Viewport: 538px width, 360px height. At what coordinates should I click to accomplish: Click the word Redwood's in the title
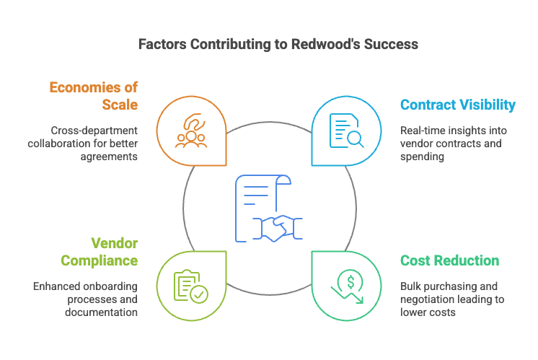point(317,44)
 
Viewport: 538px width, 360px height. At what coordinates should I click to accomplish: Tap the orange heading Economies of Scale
point(93,96)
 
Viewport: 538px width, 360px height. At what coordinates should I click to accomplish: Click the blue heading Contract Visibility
point(458,105)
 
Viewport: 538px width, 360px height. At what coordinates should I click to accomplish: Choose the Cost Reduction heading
point(449,260)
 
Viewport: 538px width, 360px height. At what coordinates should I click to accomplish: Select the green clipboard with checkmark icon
point(191,286)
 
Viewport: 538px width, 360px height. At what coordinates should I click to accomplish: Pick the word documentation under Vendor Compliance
point(101,312)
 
